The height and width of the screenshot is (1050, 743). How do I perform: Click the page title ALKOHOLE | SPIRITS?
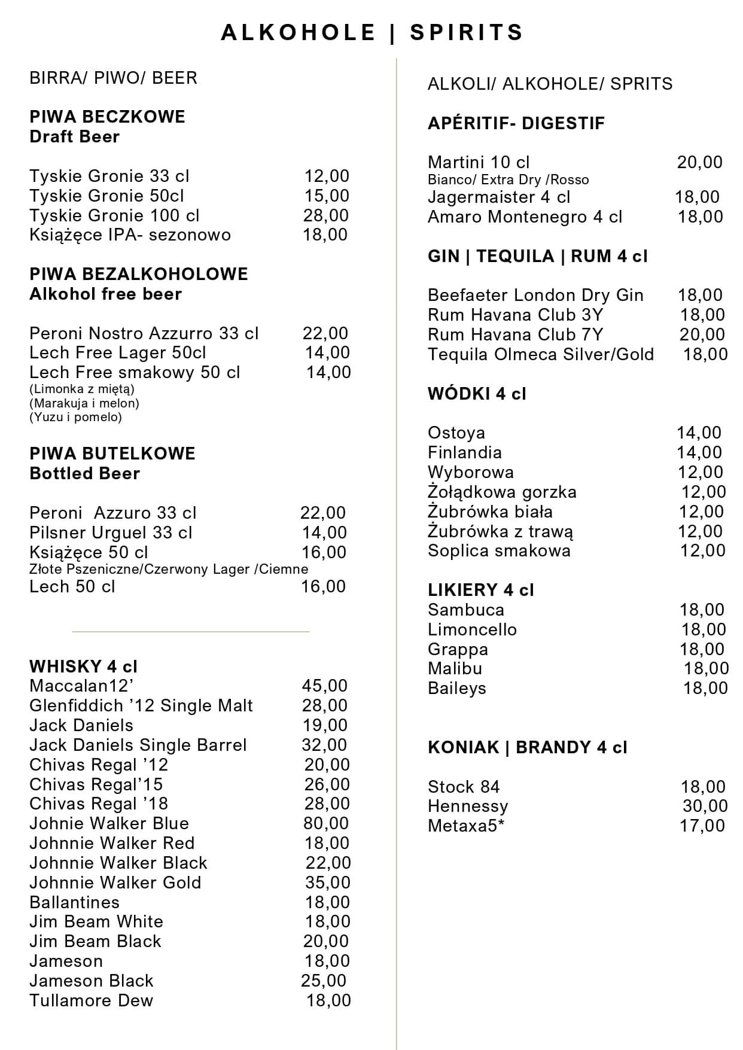click(x=371, y=32)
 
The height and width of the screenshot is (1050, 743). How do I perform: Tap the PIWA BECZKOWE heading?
click(x=107, y=117)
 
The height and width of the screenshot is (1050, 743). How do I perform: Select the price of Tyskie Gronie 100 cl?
click(x=325, y=215)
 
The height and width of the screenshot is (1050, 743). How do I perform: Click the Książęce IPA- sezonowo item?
click(x=130, y=235)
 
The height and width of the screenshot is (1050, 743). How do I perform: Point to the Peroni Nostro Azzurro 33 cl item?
click(x=144, y=333)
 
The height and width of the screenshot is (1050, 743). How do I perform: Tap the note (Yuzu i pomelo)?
click(x=75, y=417)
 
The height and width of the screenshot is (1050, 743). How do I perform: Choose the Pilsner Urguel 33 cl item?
click(x=111, y=532)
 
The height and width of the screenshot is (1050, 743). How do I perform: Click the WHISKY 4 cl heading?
click(x=83, y=666)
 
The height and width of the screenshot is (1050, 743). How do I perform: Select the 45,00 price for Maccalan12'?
click(x=324, y=686)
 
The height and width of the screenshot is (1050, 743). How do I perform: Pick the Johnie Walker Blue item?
click(x=109, y=823)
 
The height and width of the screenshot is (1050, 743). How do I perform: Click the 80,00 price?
click(x=325, y=823)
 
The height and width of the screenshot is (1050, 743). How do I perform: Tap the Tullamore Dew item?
click(x=91, y=1000)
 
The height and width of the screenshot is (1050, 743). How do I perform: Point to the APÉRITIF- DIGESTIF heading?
click(x=516, y=123)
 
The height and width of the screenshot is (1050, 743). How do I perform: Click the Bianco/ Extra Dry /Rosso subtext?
click(x=508, y=180)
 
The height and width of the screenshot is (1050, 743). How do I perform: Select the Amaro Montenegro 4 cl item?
click(x=525, y=217)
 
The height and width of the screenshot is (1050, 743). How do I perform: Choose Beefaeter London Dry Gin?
click(x=535, y=295)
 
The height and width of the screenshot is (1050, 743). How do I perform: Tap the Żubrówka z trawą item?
click(x=500, y=531)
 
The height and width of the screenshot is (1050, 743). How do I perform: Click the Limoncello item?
click(x=472, y=629)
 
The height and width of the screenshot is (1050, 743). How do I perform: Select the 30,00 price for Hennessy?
click(x=705, y=806)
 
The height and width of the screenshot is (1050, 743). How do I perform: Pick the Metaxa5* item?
click(x=462, y=826)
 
